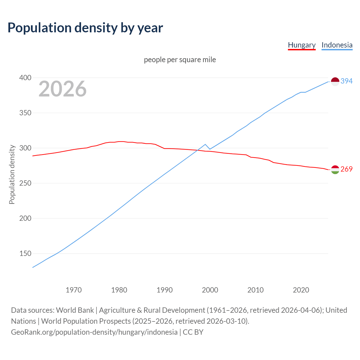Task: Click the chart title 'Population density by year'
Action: pos(85,28)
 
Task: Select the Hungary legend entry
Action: pos(301,45)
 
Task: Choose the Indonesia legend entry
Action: pos(337,45)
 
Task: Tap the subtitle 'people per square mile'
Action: pos(180,60)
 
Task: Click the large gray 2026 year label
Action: pos(62,89)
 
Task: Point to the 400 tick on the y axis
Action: pos(25,78)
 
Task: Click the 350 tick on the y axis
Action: pos(25,113)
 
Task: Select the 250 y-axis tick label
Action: pos(25,183)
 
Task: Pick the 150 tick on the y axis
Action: pos(25,253)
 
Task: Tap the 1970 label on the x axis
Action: pos(74,290)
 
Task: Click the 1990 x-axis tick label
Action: pos(165,290)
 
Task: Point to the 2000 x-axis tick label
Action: pos(210,290)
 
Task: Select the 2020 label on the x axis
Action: pos(301,290)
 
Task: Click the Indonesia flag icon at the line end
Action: pos(335,81)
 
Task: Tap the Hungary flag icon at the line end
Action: pos(335,170)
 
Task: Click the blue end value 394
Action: pos(346,81)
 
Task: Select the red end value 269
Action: pos(346,169)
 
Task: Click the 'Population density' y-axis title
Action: pos(12,174)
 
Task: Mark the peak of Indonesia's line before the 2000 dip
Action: pos(205,144)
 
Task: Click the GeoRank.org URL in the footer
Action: pos(94,332)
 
